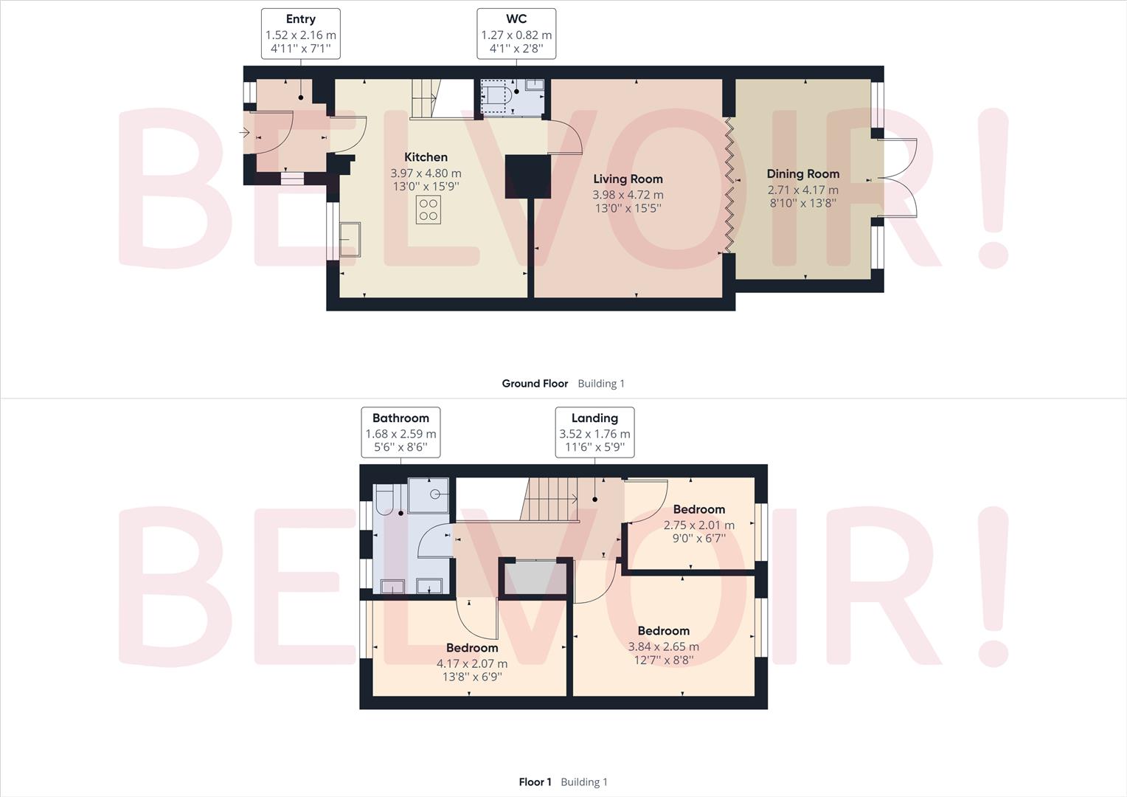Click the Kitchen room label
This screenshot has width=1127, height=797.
426,157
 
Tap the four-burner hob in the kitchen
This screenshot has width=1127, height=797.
429,210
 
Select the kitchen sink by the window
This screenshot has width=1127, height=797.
350,239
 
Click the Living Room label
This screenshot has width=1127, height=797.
628,179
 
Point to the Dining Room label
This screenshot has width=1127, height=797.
802,174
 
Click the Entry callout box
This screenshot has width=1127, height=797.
300,34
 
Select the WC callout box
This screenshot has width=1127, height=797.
516,34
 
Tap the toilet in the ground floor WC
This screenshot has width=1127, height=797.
496,95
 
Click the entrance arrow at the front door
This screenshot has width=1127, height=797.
244,133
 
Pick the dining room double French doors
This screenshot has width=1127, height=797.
896,178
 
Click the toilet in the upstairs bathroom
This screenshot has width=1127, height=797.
385,500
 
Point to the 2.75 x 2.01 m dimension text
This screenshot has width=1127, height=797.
698,525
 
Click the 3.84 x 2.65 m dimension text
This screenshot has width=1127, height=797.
663,646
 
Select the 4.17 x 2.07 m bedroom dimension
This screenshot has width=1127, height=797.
472,663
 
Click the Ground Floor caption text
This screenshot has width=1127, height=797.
535,384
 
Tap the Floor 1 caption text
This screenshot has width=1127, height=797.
535,782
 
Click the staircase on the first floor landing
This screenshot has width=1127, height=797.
549,499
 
